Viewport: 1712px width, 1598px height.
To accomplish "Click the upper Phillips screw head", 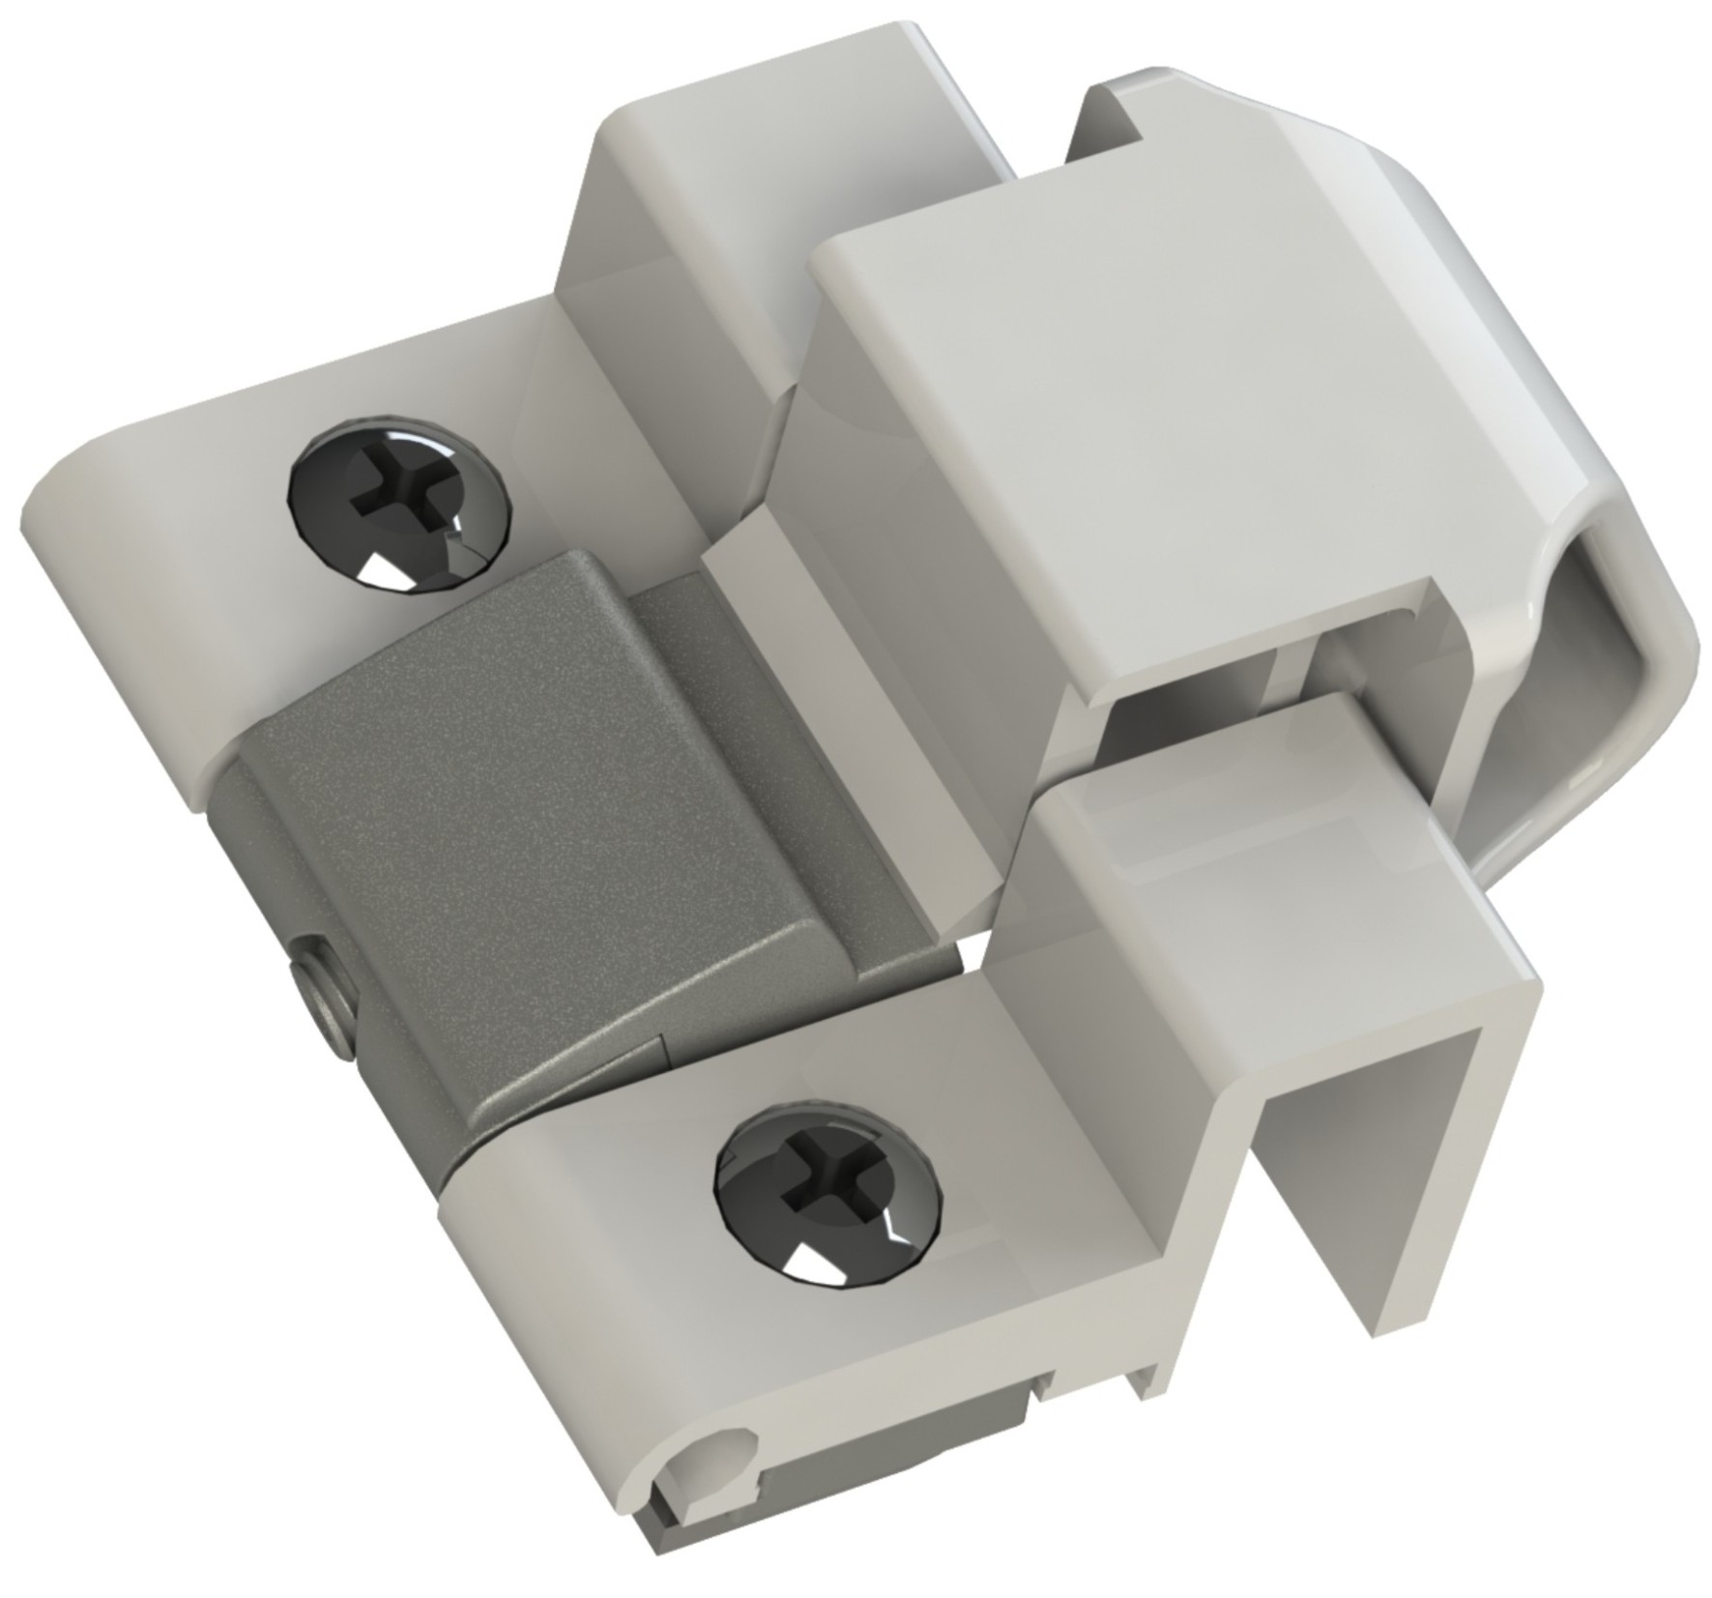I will [398, 505].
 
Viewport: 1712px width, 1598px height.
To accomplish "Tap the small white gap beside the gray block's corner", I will [967, 952].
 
